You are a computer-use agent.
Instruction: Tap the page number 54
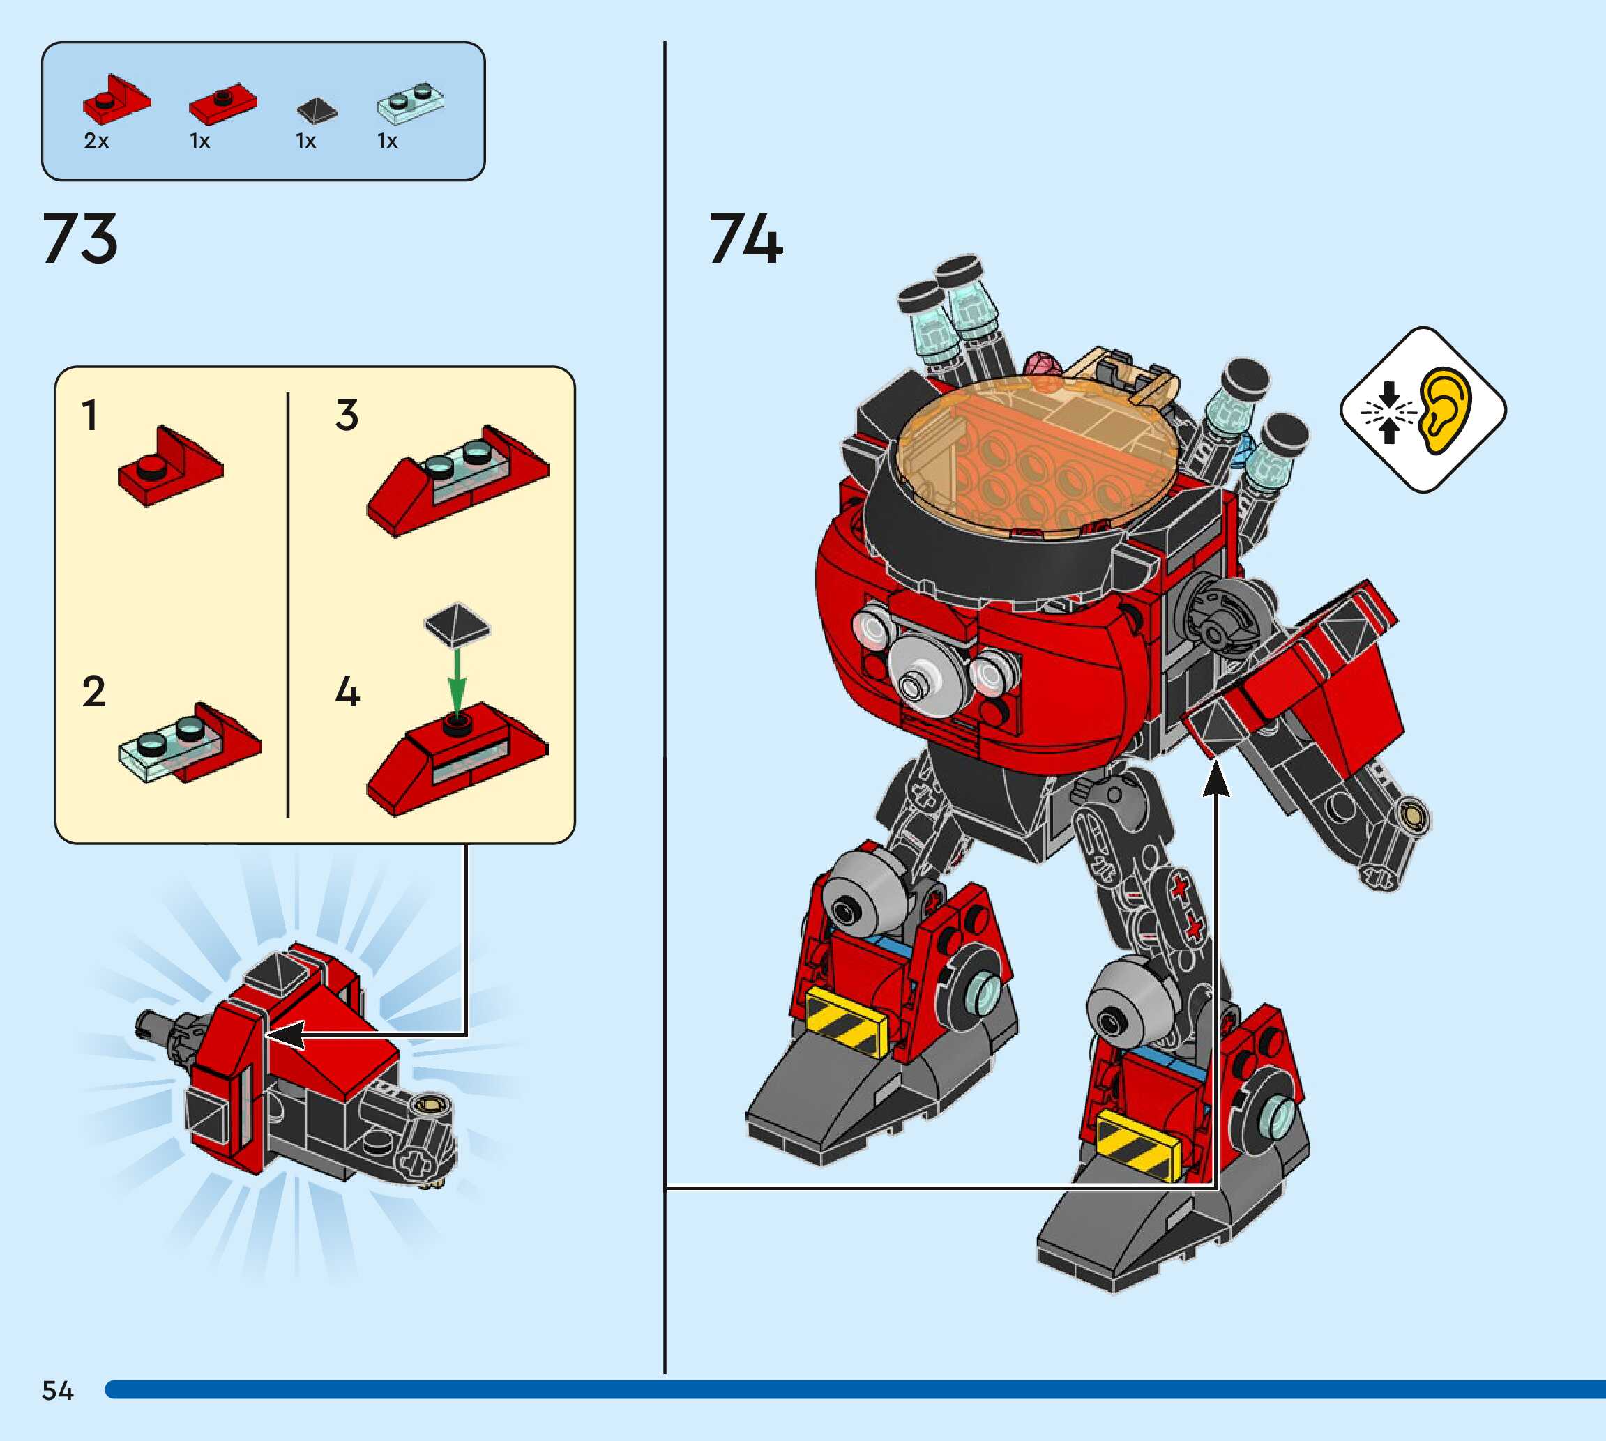(57, 1390)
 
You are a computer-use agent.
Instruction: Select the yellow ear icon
(1444, 410)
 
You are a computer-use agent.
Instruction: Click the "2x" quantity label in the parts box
(96, 141)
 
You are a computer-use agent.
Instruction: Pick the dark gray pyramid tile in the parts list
(317, 110)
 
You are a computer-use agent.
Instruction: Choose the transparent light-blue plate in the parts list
(409, 103)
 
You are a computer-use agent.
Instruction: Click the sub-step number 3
(347, 415)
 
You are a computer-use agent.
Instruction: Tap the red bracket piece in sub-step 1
(170, 467)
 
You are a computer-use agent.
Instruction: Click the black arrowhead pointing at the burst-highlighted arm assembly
(287, 1034)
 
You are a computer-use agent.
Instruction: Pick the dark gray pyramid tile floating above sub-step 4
(456, 623)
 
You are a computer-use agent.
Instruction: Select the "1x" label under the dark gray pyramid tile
(305, 141)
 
